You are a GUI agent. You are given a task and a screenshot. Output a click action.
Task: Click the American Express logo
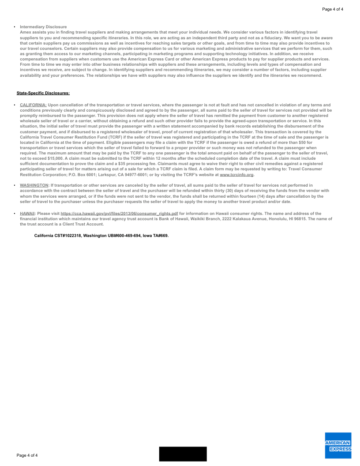pos(338,445)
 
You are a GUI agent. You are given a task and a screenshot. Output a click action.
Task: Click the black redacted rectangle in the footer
pos(183,454)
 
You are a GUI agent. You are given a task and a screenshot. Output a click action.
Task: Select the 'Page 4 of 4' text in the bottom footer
pos(27,455)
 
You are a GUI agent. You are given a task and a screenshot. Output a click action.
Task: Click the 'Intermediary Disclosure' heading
pos(43,27)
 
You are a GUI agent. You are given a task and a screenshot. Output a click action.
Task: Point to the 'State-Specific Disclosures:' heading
pos(43,93)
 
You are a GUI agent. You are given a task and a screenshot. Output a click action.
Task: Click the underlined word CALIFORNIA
pos(34,105)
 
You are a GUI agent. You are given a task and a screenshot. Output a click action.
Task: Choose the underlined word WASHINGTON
pos(34,185)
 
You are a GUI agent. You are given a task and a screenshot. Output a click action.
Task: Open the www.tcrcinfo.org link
pos(236,175)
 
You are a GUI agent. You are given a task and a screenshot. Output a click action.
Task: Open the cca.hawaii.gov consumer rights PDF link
pos(119,214)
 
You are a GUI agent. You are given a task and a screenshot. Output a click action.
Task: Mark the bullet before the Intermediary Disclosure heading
pos(15,27)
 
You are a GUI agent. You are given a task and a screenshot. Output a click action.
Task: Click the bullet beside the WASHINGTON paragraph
pos(15,185)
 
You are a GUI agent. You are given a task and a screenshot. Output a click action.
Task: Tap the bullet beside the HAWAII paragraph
pos(15,214)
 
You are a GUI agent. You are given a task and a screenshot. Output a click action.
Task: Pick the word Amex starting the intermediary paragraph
pos(25,32)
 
